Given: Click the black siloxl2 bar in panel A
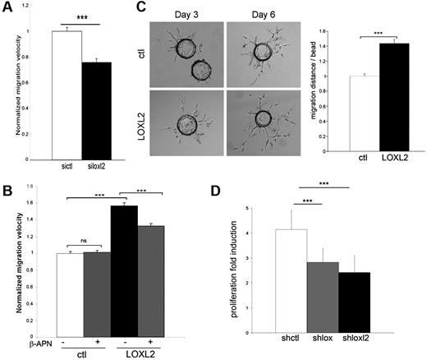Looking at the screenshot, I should point(97,110).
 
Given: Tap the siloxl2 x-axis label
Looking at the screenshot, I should point(98,168).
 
